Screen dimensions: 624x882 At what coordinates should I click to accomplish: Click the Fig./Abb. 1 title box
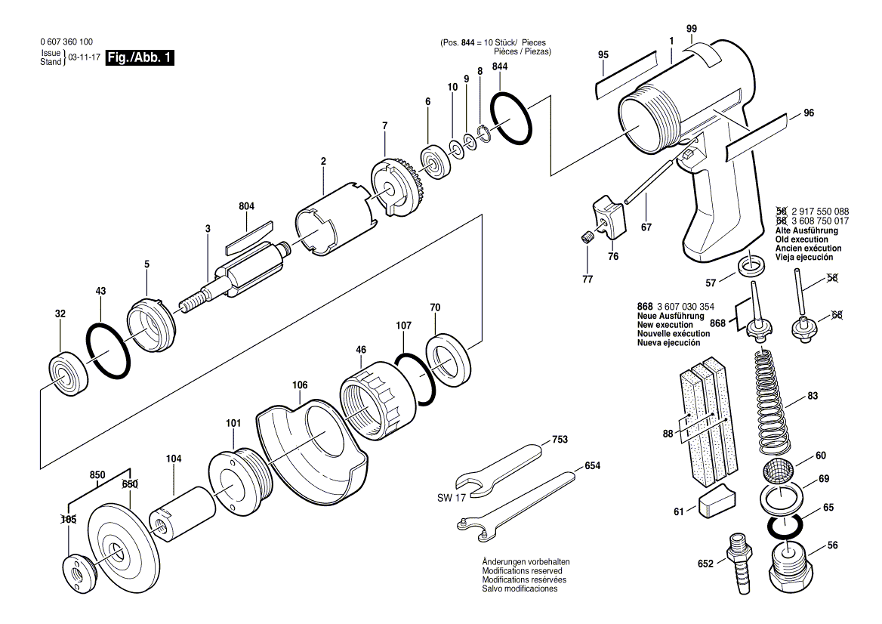coord(140,58)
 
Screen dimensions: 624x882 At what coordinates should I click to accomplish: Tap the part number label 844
coord(500,66)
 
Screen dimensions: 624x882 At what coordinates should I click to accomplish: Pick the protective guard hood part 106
coord(310,453)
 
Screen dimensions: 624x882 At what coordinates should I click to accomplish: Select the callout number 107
coord(403,326)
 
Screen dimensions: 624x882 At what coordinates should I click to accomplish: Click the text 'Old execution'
coord(805,239)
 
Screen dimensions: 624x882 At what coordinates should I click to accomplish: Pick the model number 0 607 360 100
coord(66,42)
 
